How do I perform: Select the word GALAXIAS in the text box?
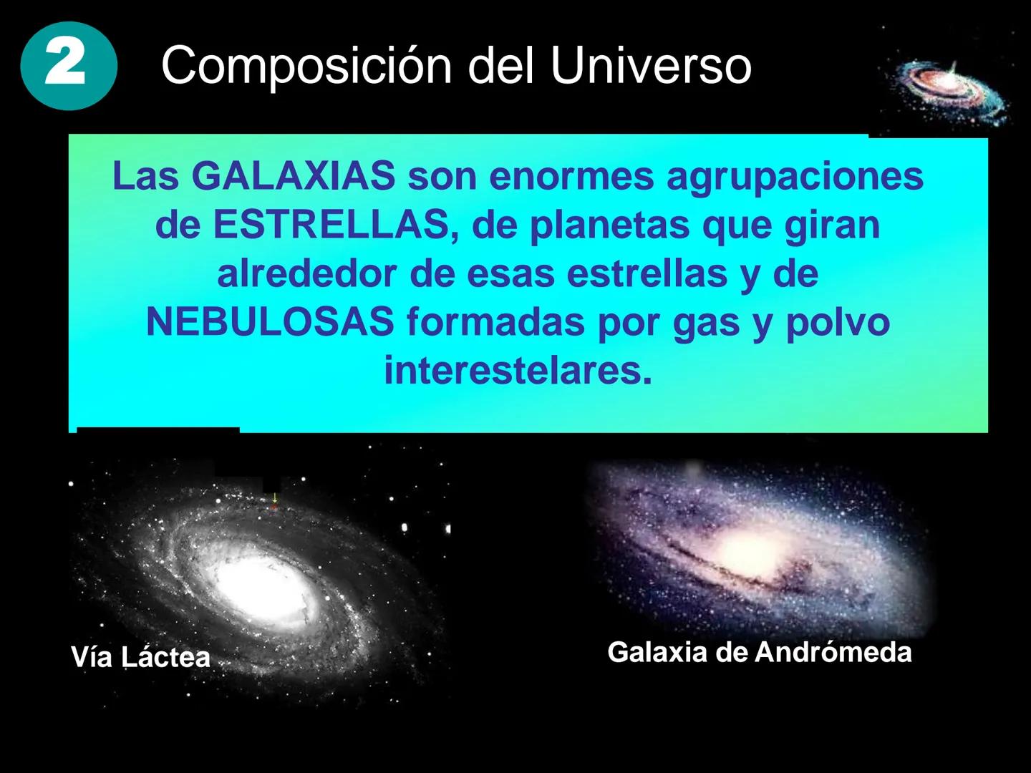pos(294,177)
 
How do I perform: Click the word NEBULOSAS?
pos(269,323)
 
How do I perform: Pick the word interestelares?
pos(518,371)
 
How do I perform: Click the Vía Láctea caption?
pos(140,657)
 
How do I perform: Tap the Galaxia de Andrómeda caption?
pos(759,652)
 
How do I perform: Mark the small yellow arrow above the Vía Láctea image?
pos(274,496)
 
